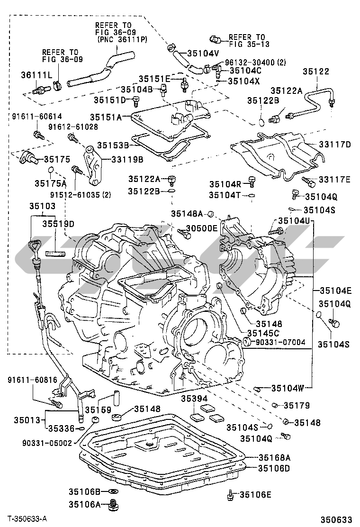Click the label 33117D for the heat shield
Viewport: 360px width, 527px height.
[334, 145]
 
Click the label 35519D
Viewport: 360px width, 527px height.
[58, 223]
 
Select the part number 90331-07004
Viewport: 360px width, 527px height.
[280, 342]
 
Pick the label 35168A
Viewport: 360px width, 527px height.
[274, 457]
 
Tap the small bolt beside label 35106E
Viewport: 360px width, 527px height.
[231, 495]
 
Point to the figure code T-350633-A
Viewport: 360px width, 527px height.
[28, 519]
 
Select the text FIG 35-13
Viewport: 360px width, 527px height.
[246, 45]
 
